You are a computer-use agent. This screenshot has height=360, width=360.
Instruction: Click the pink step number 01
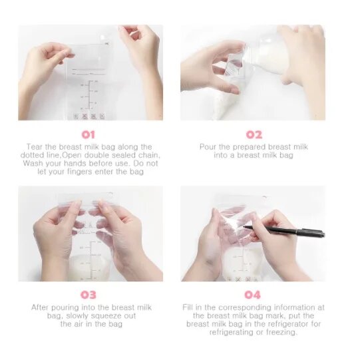click(89, 135)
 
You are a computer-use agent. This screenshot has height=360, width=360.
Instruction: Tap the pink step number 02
click(254, 135)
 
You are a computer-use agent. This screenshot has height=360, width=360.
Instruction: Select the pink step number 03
click(89, 295)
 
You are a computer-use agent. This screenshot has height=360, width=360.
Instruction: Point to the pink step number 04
click(253, 295)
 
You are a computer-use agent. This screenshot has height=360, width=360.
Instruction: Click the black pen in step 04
click(284, 230)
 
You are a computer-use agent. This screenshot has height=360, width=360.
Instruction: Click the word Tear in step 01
click(35, 146)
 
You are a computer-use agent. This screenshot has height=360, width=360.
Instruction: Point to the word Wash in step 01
click(33, 163)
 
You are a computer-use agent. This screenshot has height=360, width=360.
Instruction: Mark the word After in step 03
click(40, 307)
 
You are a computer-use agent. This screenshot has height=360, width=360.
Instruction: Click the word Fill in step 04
click(188, 307)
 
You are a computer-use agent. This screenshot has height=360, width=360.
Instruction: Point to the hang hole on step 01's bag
click(102, 37)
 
